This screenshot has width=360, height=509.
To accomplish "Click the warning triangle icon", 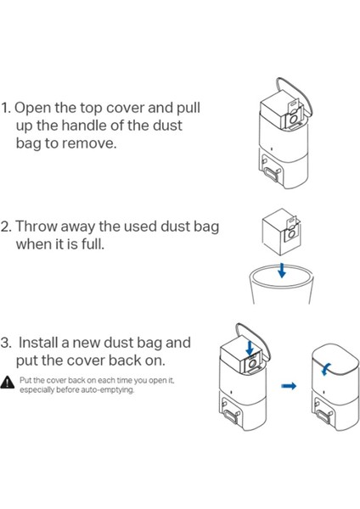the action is pos(8,382).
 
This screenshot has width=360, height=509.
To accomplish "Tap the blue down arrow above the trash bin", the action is pos(282,271).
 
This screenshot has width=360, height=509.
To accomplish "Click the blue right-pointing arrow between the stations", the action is pos(289,386).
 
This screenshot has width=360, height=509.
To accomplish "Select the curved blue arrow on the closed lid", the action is pos(325,369).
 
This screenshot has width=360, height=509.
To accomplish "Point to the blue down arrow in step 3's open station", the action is pos(250,349).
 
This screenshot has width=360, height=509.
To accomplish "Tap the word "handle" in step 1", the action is pos(84,126).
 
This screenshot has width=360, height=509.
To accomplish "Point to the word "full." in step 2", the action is pos(93,243).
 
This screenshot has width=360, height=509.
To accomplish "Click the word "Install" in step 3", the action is pos(39,343).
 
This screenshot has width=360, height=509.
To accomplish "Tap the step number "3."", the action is pos(6,343).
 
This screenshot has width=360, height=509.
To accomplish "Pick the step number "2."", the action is pos(6,227).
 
